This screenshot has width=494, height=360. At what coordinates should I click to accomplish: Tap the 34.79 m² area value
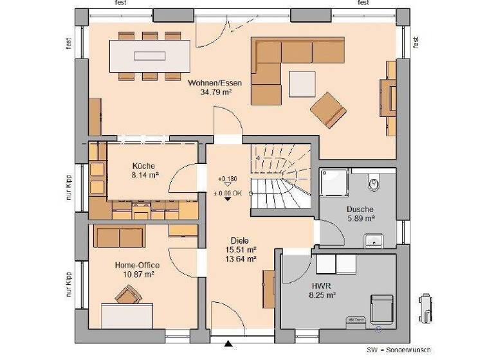[x=216, y=93]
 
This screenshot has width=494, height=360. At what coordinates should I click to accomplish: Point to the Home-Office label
[x=136, y=265]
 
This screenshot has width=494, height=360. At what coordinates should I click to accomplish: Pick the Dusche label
[x=360, y=210]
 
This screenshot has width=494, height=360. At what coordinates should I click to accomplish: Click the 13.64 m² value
[x=241, y=259]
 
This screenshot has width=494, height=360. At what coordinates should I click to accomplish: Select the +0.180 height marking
[x=228, y=178]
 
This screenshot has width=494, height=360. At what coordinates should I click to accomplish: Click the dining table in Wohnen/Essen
[x=150, y=55]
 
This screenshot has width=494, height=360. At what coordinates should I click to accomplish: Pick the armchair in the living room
[x=328, y=109]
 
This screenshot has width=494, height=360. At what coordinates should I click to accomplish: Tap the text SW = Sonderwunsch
[x=398, y=350]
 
